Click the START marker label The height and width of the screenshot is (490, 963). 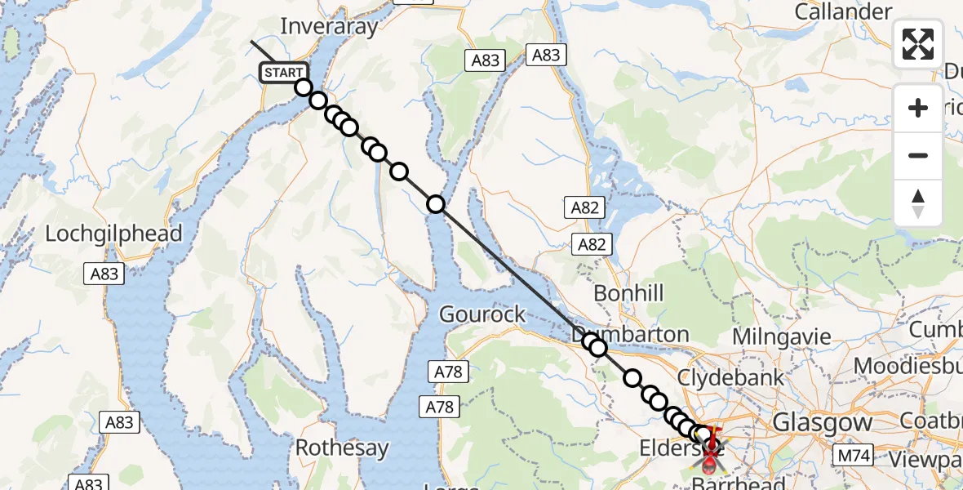284,73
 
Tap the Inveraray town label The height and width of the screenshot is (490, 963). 330,26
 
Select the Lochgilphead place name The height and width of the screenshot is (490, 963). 113,234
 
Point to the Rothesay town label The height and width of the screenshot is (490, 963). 342,448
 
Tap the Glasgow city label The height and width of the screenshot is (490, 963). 822,422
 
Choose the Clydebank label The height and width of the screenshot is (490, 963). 731,377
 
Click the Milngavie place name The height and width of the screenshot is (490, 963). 781,336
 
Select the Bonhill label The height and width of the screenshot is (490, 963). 628,293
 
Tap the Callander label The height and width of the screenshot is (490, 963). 843,12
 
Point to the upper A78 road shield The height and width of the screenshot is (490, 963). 446,372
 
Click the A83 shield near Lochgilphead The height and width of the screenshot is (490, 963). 104,274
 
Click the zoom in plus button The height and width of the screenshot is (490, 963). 918,108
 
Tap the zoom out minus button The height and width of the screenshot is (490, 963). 918,155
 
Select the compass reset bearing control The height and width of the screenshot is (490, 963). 918,203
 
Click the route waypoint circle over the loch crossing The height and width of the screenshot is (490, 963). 436,204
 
